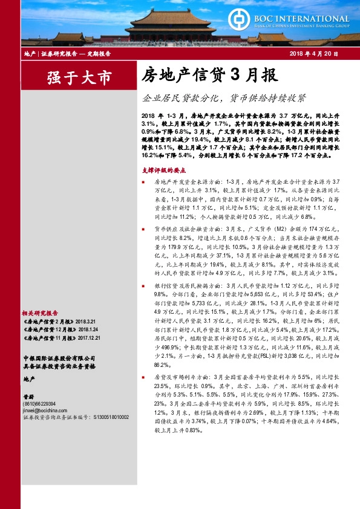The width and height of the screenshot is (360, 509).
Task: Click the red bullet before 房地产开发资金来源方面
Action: click(x=143, y=182)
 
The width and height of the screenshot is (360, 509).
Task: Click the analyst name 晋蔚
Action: click(x=29, y=397)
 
